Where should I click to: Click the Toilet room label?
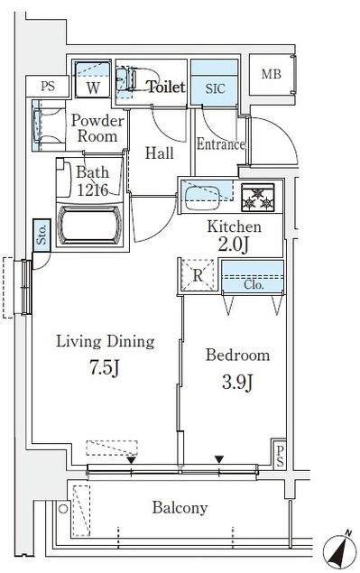166,87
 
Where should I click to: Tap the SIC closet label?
215,88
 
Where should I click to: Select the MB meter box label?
272,74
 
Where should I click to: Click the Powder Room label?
97,128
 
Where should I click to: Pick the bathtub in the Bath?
89,225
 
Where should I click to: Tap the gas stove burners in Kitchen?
258,198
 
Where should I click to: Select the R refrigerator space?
198,275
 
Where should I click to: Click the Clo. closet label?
254,284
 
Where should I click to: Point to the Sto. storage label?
42,235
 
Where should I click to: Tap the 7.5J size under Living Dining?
105,367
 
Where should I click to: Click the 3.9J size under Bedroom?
237,383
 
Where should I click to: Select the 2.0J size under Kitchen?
234,245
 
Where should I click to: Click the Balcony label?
180,508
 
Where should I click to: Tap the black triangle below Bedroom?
219,459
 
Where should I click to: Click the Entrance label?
221,144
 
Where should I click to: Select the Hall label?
159,153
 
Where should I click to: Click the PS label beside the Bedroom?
280,456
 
